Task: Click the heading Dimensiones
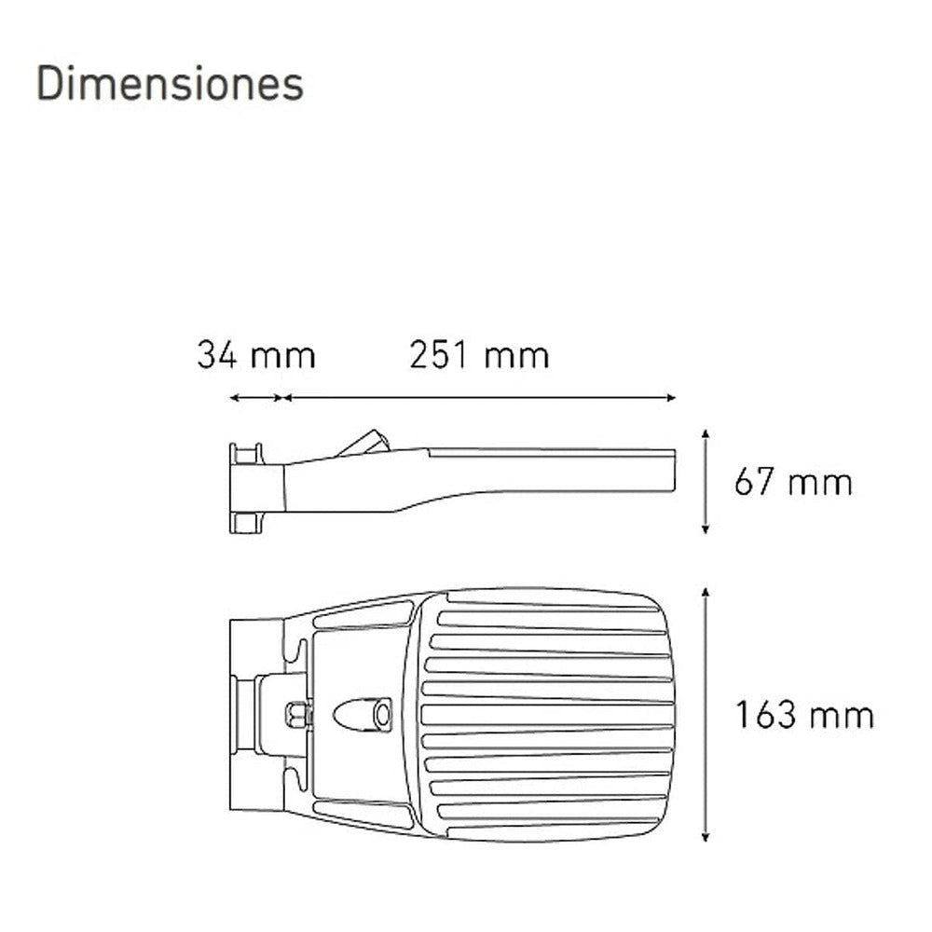[170, 84]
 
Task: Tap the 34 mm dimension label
[256, 356]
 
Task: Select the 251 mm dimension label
[479, 356]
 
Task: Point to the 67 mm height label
[793, 483]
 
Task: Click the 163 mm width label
[804, 716]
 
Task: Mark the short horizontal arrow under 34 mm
[256, 398]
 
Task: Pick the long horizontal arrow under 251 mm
[479, 398]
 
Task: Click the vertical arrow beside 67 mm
[706, 482]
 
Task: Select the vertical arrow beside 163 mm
[706, 715]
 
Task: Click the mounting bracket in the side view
[246, 488]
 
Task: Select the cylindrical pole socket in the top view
[246, 715]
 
